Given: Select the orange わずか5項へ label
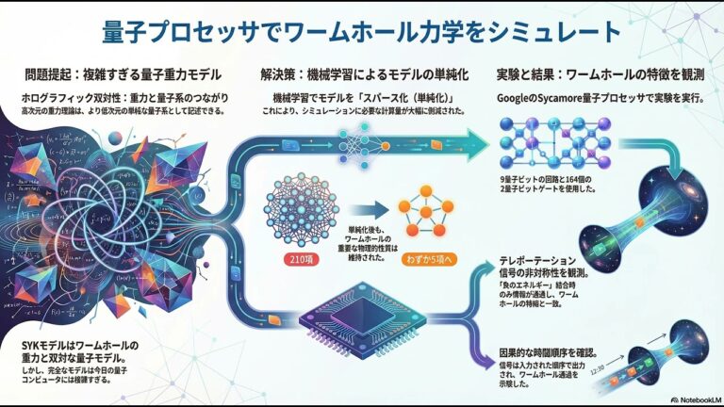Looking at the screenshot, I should (426, 258).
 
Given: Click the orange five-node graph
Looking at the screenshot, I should (425, 214).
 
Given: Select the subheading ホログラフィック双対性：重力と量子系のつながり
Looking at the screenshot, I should (113, 97).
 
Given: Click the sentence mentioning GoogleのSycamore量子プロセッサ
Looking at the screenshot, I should (603, 97).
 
